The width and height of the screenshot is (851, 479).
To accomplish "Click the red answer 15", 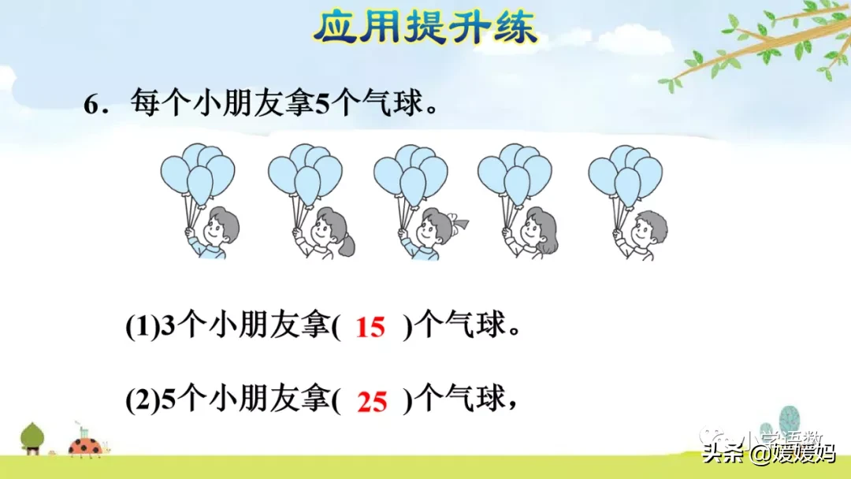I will [370, 326].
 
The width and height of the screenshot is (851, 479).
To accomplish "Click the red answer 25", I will [371, 402].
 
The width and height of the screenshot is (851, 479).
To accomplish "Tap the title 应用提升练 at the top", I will [425, 28].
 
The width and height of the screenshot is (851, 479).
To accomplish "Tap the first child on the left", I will [215, 232].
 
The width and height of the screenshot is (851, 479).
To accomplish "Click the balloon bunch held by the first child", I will [198, 173].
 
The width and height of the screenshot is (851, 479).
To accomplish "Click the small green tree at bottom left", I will [32, 436].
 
